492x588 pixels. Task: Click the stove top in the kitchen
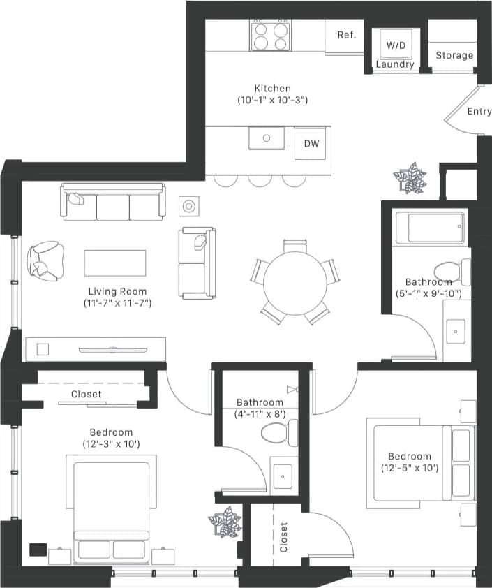tap(271, 34)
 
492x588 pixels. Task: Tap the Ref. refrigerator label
tap(347, 35)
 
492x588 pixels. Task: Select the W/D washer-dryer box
tap(396, 45)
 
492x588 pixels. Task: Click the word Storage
tap(454, 55)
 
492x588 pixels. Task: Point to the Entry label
tap(479, 112)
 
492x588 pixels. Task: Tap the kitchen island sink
tap(267, 138)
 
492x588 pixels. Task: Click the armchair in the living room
tap(45, 260)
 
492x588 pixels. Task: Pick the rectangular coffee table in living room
tap(115, 263)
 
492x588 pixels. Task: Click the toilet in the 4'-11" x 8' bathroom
tap(280, 433)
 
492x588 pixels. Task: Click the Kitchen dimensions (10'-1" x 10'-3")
tap(272, 100)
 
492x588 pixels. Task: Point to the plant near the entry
tap(410, 177)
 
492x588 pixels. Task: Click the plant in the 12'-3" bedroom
tap(225, 522)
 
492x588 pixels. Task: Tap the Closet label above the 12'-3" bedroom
tap(86, 395)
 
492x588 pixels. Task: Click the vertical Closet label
tap(283, 537)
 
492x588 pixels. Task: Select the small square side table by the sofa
tap(189, 206)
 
